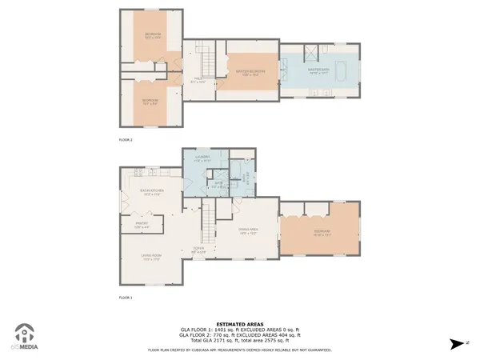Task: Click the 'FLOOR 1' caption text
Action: [x=125, y=298]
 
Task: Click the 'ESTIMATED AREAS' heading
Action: [x=240, y=323]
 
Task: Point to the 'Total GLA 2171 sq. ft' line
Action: [x=240, y=342]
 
